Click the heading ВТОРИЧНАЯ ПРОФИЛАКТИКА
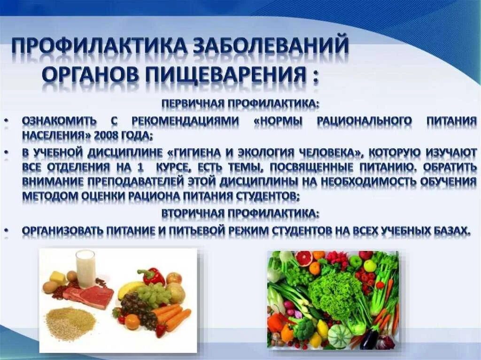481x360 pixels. coord(240,214)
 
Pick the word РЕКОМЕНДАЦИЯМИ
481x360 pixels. coord(185,120)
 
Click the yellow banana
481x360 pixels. coord(128,289)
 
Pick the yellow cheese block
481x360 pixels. coord(58,277)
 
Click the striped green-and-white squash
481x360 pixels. coord(339,335)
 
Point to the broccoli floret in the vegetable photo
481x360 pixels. coord(305,329)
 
